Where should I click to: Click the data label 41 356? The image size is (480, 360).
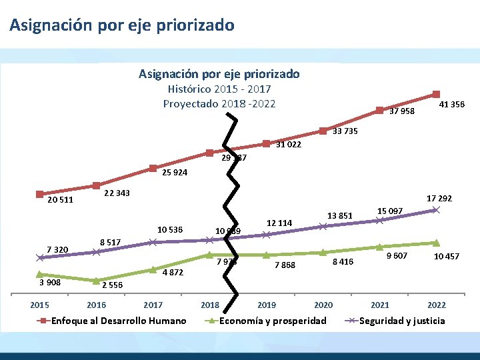452,105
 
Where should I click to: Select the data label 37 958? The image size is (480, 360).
401,111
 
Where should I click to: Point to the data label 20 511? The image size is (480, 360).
60,199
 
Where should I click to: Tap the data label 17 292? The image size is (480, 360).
439,198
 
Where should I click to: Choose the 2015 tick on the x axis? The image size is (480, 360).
40,305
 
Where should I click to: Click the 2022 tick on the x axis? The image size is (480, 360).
437,305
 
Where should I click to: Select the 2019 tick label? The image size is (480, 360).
266,305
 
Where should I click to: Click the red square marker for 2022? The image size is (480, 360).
436,95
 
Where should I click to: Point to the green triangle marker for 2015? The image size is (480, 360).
40,274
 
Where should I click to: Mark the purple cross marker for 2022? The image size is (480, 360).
436,210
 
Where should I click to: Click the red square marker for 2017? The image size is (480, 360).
153,168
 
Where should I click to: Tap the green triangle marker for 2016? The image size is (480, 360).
97,281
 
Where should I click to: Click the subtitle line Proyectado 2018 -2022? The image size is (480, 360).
219,103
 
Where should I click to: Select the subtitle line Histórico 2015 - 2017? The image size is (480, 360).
219,89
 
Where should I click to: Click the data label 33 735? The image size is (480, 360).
345,131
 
